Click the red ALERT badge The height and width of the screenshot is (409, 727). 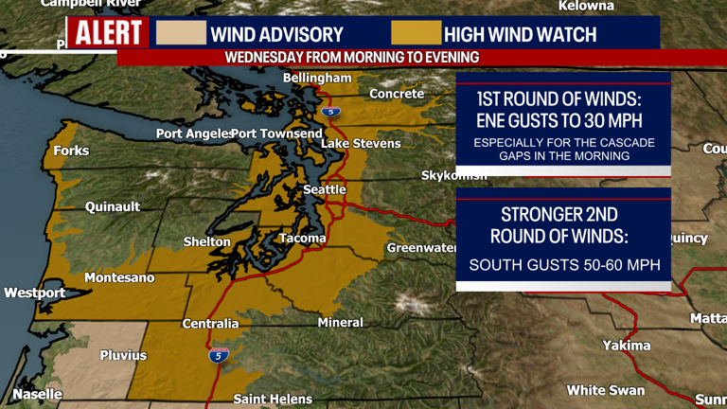pos(108,34)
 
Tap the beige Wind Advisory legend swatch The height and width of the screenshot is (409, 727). pos(181,33)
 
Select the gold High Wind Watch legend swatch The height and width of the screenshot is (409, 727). pos(417,33)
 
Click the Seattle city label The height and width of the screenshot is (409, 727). pos(325,189)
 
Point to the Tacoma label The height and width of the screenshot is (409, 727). pos(303,238)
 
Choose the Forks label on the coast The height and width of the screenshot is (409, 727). pos(72,151)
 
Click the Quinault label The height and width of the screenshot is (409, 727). pos(113,206)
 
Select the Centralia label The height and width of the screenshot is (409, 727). pos(210,324)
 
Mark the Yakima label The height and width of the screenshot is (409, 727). pos(627,346)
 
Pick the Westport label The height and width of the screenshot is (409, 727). pos(35,293)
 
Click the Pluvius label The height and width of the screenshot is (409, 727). pos(124,355)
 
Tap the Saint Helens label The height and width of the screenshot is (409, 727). pos(273,399)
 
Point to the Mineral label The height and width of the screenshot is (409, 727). pos(340,322)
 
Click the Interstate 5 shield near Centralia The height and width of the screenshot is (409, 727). pos(219,355)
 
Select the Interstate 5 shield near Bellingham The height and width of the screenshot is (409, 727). pos(330,112)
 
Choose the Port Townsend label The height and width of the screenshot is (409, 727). pos(276,133)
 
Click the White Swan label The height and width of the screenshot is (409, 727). pos(606,390)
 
